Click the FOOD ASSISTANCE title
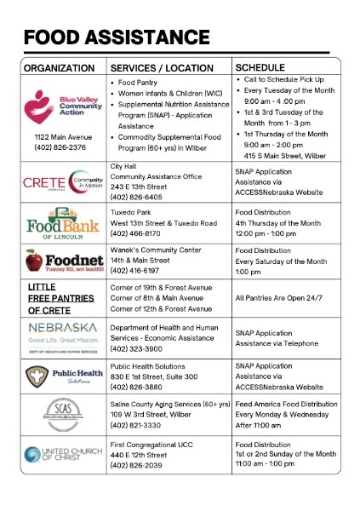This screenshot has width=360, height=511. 117,37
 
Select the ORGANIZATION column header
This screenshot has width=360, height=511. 60,67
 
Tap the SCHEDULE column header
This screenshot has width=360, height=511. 260,66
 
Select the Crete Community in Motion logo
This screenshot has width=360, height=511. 61,182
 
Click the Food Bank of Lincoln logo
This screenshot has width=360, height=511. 61,221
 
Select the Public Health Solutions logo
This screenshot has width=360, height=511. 62,375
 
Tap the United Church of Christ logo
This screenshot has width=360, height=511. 62,453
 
